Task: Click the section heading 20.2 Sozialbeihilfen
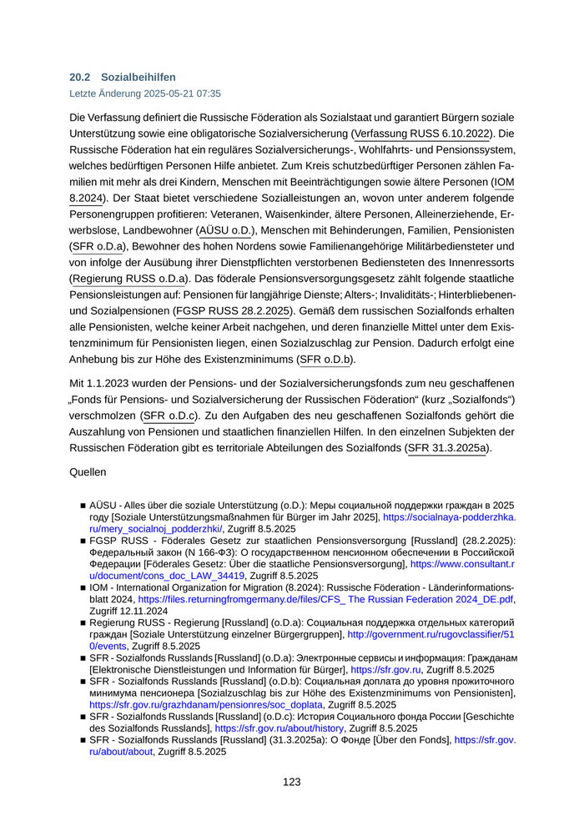(123, 77)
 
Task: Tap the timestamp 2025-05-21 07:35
(174, 94)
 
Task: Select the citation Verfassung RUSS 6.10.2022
(422, 133)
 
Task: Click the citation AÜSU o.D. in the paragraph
(225, 229)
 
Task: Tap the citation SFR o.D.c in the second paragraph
(170, 416)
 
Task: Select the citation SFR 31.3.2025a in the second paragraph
(449, 448)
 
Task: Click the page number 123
(291, 782)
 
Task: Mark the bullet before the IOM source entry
(83, 587)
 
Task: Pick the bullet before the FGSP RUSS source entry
(83, 541)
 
